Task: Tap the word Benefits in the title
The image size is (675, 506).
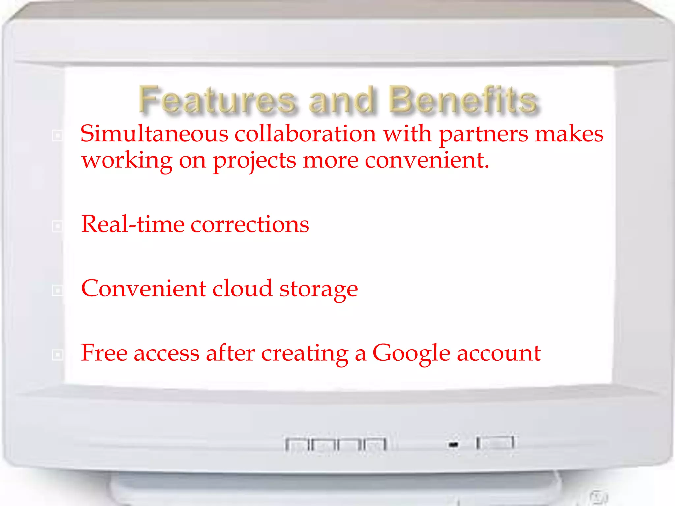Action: pyautogui.click(x=463, y=100)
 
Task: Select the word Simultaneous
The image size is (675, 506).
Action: pyautogui.click(x=154, y=134)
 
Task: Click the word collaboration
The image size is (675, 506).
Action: pyautogui.click(x=305, y=134)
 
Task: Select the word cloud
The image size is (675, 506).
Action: pyautogui.click(x=243, y=289)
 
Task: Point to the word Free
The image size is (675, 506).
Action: pyautogui.click(x=104, y=353)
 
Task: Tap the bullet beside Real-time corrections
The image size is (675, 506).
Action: pyautogui.click(x=57, y=226)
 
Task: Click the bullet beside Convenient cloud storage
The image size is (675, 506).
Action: pyautogui.click(x=57, y=290)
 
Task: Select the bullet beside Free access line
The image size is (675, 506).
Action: pyautogui.click(x=57, y=354)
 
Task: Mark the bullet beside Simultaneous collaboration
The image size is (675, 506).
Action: pyautogui.click(x=57, y=135)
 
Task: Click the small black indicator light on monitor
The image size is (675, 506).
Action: pyautogui.click(x=454, y=445)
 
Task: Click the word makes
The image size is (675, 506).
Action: pyautogui.click(x=569, y=134)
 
